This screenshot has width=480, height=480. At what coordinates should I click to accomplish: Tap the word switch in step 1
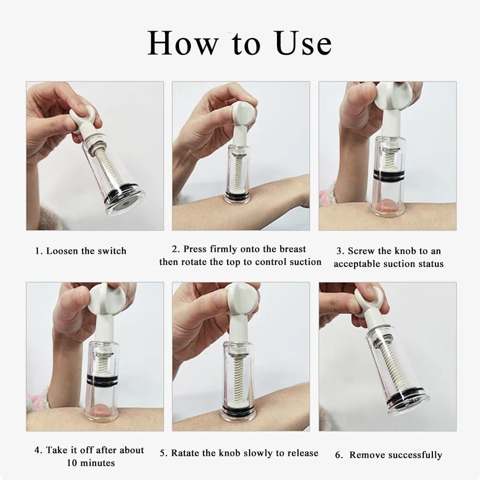pos(112,251)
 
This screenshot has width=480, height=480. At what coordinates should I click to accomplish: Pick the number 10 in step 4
pos(72,463)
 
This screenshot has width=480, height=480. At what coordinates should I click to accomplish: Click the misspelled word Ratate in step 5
pos(184,453)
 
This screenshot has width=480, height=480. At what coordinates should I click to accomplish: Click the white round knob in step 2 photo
pos(244,113)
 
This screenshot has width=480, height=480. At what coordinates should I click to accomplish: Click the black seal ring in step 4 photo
pos(102,379)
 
